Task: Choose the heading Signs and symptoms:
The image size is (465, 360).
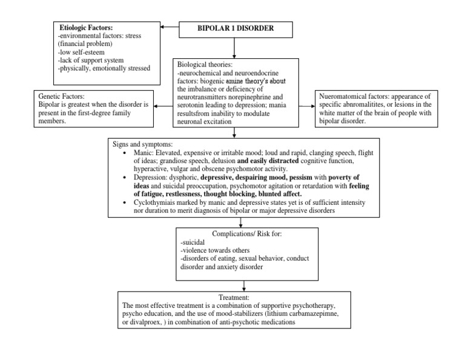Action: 142,145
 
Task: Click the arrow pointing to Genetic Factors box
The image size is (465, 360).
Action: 163,105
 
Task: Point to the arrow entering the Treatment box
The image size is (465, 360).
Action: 243,286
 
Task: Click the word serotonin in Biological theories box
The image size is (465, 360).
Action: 193,105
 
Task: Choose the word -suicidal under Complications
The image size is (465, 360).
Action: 195,242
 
